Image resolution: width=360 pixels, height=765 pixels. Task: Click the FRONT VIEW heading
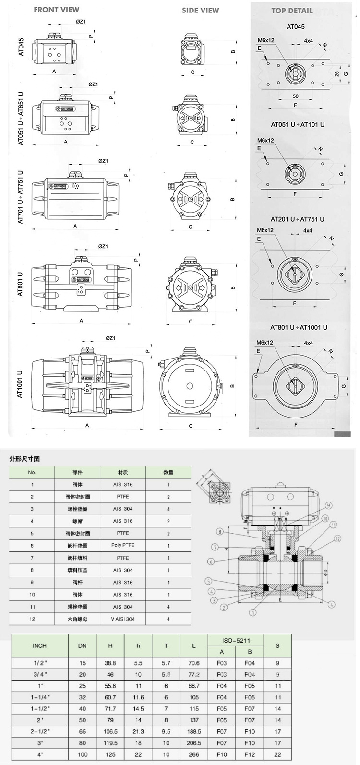pyautogui.click(x=56, y=10)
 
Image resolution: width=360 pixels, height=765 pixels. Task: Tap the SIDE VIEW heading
pyautogui.click(x=200, y=10)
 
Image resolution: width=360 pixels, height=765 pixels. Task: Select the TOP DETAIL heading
pyautogui.click(x=292, y=11)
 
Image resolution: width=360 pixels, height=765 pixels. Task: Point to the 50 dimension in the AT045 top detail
pyautogui.click(x=295, y=96)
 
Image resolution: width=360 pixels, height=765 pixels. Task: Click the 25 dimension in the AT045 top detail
pyautogui.click(x=337, y=73)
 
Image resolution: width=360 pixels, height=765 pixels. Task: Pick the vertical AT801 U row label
pyautogui.click(x=20, y=284)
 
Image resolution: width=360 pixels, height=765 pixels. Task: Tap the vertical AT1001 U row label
pyautogui.click(x=20, y=384)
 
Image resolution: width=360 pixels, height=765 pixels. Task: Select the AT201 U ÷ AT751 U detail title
pyautogui.click(x=297, y=219)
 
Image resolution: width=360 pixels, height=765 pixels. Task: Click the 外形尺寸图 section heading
pyautogui.click(x=24, y=459)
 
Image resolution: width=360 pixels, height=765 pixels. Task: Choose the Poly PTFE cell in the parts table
pyautogui.click(x=123, y=545)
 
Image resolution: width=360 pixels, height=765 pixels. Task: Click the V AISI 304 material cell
pyautogui.click(x=123, y=619)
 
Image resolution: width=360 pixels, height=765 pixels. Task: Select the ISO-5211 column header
pyautogui.click(x=236, y=640)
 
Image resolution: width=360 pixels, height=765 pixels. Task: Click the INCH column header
pyautogui.click(x=39, y=645)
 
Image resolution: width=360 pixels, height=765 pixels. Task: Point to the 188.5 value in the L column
pyautogui.click(x=194, y=731)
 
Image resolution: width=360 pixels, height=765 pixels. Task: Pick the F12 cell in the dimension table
pyautogui.click(x=250, y=754)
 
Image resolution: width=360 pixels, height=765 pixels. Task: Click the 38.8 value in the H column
pyautogui.click(x=110, y=663)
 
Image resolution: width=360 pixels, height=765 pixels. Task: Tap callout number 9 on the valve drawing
pyautogui.click(x=329, y=505)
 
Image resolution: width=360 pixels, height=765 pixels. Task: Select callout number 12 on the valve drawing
pyautogui.click(x=338, y=538)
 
